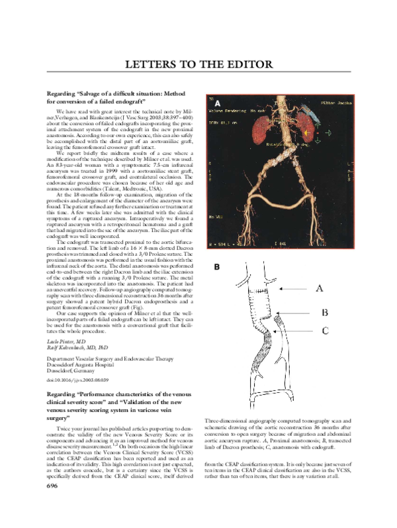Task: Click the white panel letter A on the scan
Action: coord(216,104)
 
